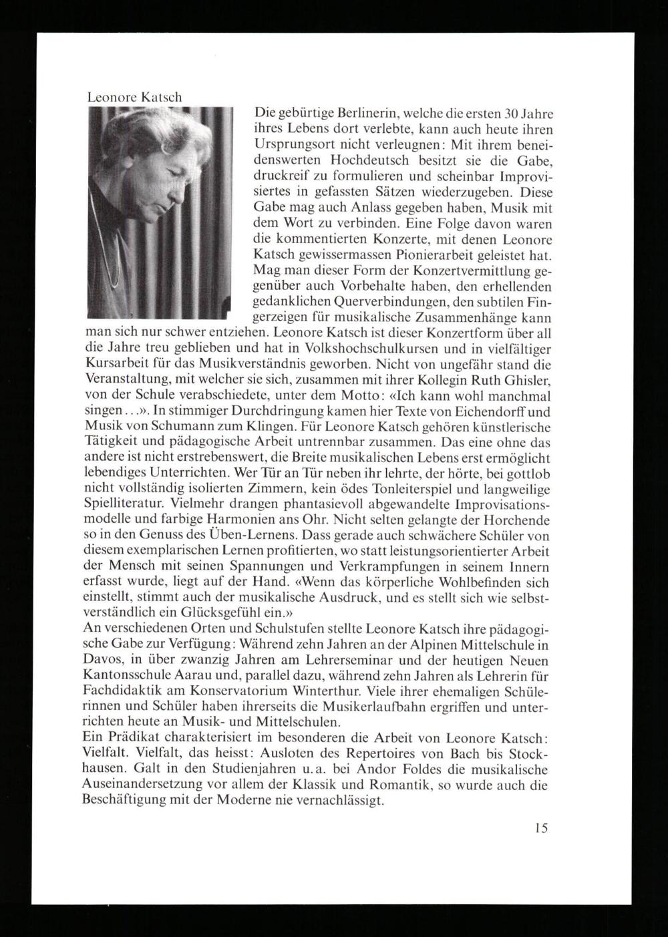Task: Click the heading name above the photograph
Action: click(135, 97)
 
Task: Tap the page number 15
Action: click(541, 828)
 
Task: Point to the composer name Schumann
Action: click(202, 426)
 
